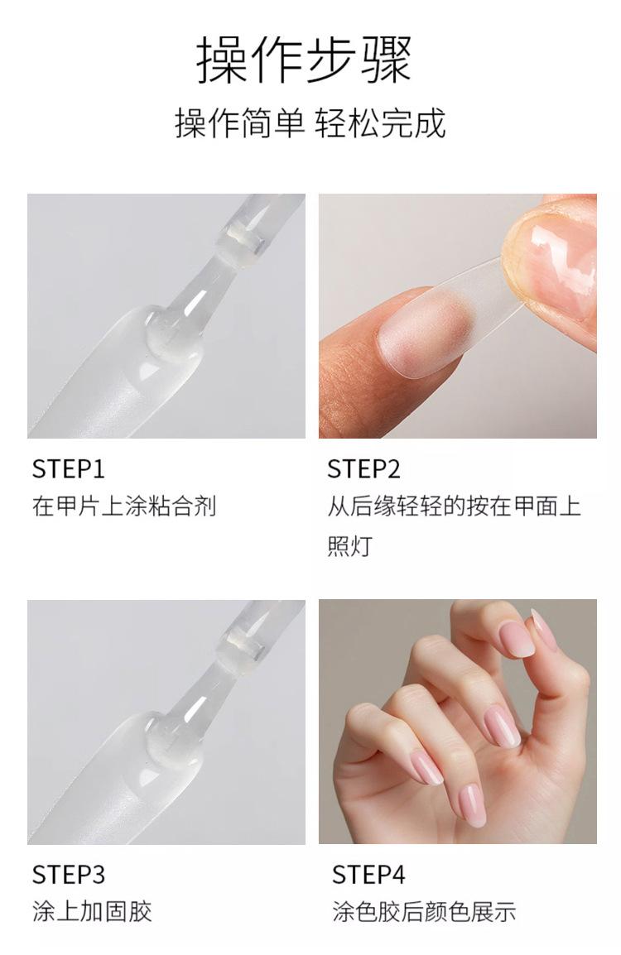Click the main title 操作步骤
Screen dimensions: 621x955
pyautogui.click(x=304, y=60)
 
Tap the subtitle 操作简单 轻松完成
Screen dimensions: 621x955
pyautogui.click(x=310, y=123)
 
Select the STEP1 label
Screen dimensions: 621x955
pyautogui.click(x=68, y=469)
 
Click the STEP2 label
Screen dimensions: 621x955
pyautogui.click(x=363, y=469)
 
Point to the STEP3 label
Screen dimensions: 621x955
pyautogui.click(x=68, y=875)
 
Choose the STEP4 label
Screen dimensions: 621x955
pyautogui.click(x=368, y=875)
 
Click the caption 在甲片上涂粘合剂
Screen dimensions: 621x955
pyautogui.click(x=124, y=506)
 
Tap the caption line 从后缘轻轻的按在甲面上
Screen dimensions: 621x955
pyautogui.click(x=454, y=506)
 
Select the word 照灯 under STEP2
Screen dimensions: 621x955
pyautogui.click(x=349, y=545)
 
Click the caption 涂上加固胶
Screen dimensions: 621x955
pyautogui.click(x=92, y=912)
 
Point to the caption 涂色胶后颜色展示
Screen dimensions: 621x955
pyautogui.click(x=424, y=912)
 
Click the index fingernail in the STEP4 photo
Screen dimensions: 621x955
pyautogui.click(x=517, y=639)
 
